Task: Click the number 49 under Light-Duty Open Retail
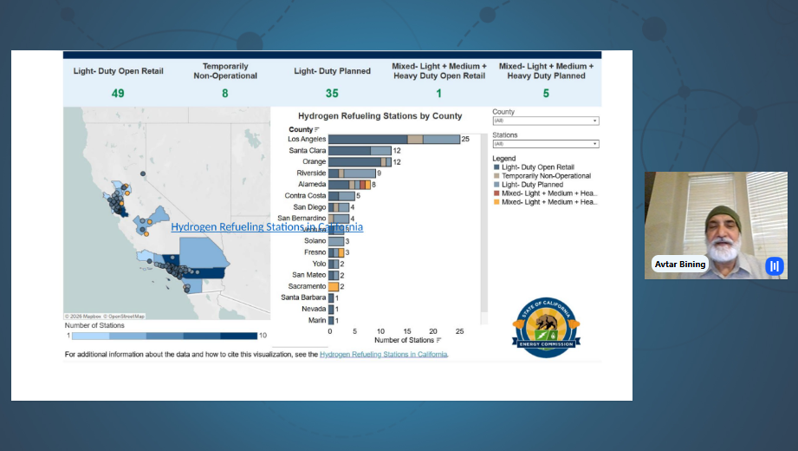(118, 94)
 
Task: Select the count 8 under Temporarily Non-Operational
(224, 94)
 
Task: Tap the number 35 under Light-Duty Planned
(332, 94)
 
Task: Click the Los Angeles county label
(307, 139)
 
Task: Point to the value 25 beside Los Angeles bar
(465, 139)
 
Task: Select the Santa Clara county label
(308, 150)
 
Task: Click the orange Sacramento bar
(334, 286)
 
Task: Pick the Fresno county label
(315, 252)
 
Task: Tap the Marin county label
(316, 320)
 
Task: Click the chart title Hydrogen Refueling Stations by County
(380, 115)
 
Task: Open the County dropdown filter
(546, 121)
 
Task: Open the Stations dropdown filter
(546, 144)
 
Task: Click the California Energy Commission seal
(546, 326)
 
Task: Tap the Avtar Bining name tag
(680, 264)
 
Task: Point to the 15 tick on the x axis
(407, 331)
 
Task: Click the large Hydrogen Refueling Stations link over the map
(267, 227)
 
